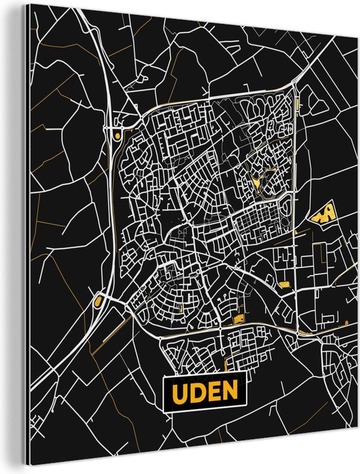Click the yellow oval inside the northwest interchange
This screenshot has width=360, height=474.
tap(117, 136)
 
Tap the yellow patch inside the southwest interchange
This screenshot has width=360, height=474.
tap(98, 301)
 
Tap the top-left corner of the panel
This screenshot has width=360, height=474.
tap(29, 20)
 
